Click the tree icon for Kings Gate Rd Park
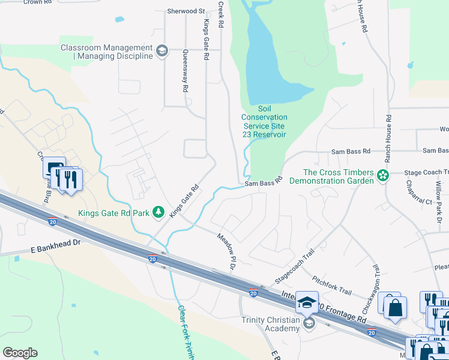coord(158,212)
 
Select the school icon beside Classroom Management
coord(161,52)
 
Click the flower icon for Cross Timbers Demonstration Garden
coord(382,176)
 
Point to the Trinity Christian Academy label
coord(270,324)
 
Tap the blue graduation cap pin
coord(307,302)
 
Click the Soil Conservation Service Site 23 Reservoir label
coord(264,122)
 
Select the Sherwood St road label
coord(186,11)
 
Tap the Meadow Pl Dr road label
coord(226,251)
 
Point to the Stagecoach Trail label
coord(295,268)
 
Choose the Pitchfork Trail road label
coord(332,284)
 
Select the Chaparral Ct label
coord(418,193)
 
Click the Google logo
coord(20,353)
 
